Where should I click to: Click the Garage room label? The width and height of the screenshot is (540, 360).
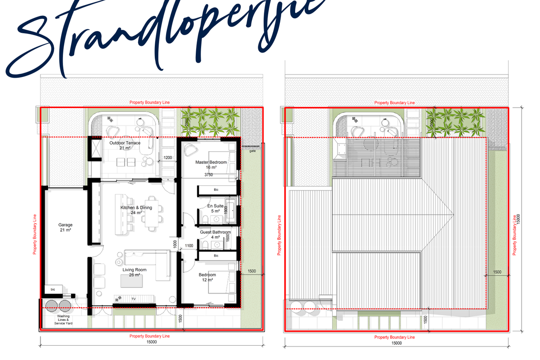(x=65, y=227)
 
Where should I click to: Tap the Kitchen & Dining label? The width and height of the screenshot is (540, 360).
(x=136, y=210)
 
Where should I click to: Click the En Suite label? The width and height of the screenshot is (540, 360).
(x=213, y=208)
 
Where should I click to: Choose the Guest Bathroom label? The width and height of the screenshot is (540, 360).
(x=215, y=234)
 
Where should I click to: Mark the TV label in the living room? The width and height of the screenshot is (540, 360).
(x=133, y=299)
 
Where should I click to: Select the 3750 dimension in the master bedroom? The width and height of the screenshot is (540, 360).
(x=208, y=175)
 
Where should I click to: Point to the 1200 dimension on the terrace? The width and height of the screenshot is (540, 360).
(x=167, y=157)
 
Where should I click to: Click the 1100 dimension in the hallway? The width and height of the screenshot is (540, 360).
(x=189, y=246)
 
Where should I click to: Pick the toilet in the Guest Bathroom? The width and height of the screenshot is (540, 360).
(x=205, y=245)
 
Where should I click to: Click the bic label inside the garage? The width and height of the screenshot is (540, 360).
(x=53, y=289)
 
